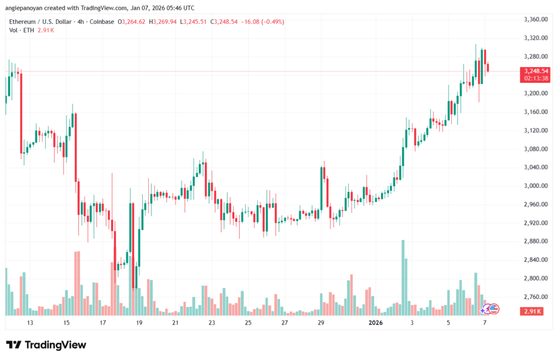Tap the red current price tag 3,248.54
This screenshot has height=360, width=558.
pyautogui.click(x=534, y=71)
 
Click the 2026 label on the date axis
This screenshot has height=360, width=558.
pyautogui.click(x=375, y=323)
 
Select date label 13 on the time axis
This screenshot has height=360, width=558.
pyautogui.click(x=30, y=323)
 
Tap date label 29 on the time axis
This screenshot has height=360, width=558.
pyautogui.click(x=321, y=323)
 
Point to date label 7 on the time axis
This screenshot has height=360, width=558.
pyautogui.click(x=485, y=323)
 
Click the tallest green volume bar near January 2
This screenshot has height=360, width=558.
pyautogui.click(x=403, y=277)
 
